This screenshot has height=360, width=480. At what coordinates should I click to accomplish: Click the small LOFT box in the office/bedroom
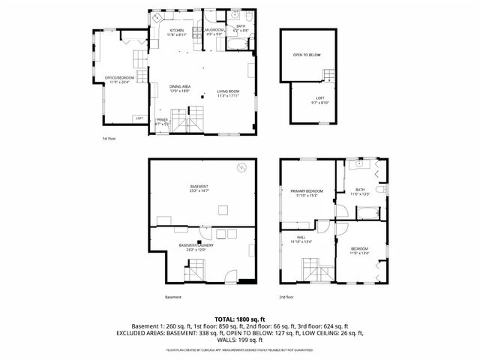point(139,118)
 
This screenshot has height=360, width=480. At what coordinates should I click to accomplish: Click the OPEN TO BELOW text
point(307,55)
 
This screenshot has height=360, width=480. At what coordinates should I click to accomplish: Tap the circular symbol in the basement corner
point(241,167)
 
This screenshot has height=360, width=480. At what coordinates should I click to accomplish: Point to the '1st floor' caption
point(109,139)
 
